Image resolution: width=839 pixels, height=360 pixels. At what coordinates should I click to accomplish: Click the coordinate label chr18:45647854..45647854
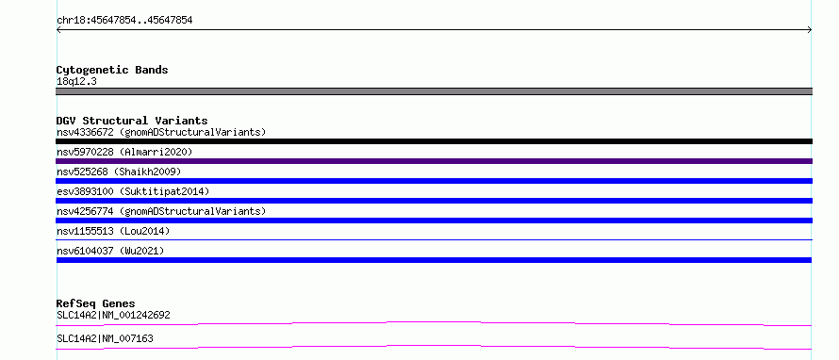[124, 21]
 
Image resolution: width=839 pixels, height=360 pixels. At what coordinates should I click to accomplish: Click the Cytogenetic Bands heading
[112, 70]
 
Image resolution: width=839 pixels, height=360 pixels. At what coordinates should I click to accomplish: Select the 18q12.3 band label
[76, 82]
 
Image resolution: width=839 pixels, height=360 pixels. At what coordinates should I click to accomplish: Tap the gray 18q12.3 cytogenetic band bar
[434, 91]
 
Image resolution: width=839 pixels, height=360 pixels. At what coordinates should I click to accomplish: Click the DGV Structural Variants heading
[132, 121]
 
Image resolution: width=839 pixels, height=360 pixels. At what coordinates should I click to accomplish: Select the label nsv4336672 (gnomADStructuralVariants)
[161, 132]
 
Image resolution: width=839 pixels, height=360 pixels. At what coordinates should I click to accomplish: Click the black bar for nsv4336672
[434, 141]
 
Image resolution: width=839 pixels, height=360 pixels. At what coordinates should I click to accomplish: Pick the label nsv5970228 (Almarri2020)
[124, 152]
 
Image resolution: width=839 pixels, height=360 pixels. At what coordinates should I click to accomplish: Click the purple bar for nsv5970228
[434, 161]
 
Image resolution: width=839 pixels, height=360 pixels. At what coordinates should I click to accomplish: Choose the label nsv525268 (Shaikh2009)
[119, 172]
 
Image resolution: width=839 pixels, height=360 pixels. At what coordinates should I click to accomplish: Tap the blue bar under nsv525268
[434, 181]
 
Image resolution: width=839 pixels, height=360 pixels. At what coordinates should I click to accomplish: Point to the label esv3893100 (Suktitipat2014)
[133, 191]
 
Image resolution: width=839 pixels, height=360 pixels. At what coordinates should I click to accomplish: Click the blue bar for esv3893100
[434, 201]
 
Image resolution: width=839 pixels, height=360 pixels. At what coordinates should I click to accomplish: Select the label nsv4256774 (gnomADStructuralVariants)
[161, 211]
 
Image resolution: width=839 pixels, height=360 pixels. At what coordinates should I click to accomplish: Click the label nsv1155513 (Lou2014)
[113, 231]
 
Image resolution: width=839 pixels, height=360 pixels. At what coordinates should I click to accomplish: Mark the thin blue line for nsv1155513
[434, 239]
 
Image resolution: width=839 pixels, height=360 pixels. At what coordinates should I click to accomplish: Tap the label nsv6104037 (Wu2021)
[110, 251]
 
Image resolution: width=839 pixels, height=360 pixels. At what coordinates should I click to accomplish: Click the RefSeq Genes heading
[96, 303]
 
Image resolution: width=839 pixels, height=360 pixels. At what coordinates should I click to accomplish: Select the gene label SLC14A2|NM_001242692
[113, 315]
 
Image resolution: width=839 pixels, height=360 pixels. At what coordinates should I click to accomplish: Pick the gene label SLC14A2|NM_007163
[105, 338]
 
